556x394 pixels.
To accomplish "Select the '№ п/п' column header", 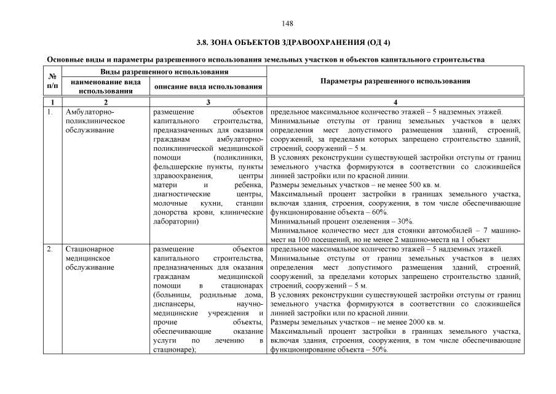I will pos(52,81).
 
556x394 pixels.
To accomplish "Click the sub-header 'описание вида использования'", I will pos(208,87).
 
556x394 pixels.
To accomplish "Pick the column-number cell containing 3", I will pos(208,102).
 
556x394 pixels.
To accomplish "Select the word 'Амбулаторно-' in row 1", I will pos(90,112).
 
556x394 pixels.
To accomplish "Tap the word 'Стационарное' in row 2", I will pos(90,249).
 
